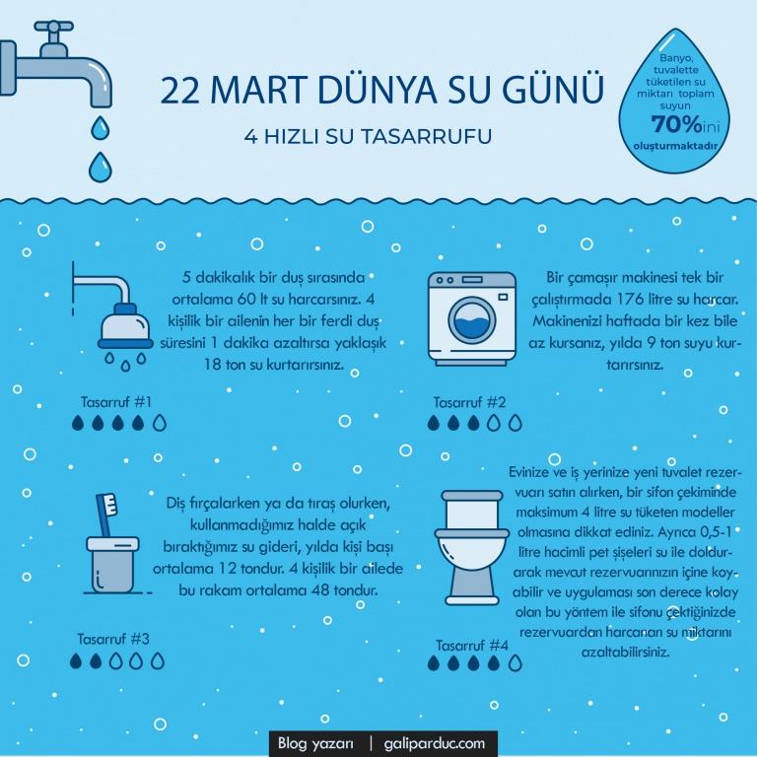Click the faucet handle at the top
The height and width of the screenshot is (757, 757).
pos(53,27)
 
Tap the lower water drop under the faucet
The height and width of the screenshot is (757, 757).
pos(100,167)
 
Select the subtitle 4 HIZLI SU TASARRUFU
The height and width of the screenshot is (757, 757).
pos(368,137)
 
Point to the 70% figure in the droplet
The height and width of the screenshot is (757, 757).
pos(676,124)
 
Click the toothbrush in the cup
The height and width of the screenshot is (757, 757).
pos(106,515)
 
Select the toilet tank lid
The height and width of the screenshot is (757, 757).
pos(472,496)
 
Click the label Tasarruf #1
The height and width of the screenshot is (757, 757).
pos(116,402)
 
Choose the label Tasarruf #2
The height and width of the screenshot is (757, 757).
pos(469,402)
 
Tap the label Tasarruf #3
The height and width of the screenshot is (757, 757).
pos(113,639)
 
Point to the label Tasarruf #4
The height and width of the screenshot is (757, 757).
pos(472,646)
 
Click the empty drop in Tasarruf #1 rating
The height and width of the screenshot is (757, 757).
pos(160,423)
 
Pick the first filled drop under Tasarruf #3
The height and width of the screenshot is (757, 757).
pos(75,660)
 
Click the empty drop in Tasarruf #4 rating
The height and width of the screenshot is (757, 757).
pos(516,662)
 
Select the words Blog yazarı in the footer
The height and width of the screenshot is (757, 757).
pos(315,742)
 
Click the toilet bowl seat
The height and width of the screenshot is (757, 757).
pos(472,533)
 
